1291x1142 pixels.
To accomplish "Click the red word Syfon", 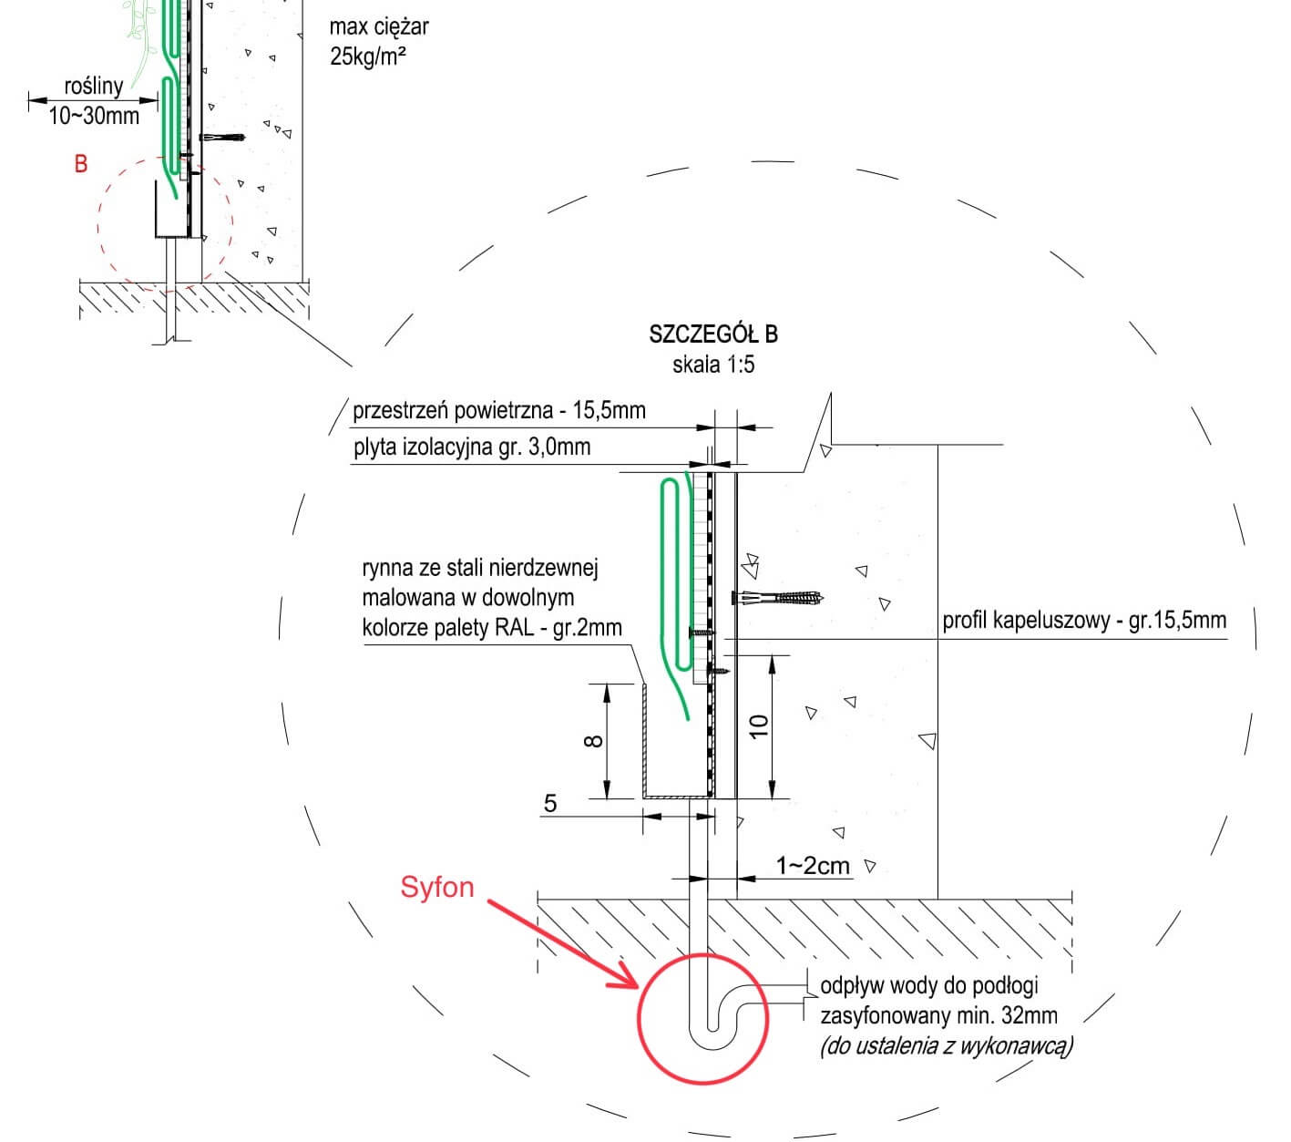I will [436, 887].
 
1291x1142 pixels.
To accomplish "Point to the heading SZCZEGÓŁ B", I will [713, 334].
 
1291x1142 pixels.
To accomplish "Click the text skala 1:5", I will [713, 365].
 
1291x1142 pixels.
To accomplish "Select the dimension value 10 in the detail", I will [759, 725].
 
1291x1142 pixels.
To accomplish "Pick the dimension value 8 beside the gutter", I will [593, 740].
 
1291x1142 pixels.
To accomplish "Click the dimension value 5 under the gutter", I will [550, 803].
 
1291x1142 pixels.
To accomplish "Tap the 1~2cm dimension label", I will [812, 865].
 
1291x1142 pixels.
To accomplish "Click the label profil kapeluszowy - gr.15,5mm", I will [1084, 621].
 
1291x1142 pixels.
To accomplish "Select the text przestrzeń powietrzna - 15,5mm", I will [499, 410].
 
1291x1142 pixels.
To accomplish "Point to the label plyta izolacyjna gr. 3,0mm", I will [472, 448].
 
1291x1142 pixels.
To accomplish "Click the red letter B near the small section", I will [81, 164].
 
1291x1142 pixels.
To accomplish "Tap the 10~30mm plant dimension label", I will [94, 116].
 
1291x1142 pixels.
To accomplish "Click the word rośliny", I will [94, 87].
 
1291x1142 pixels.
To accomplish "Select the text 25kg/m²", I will [368, 57].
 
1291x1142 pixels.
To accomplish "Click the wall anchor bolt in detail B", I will [779, 599].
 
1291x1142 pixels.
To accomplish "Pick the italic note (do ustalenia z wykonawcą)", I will [947, 1045].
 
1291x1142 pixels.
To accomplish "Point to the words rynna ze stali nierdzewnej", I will [480, 569].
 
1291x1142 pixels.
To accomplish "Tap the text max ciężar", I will [378, 26].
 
